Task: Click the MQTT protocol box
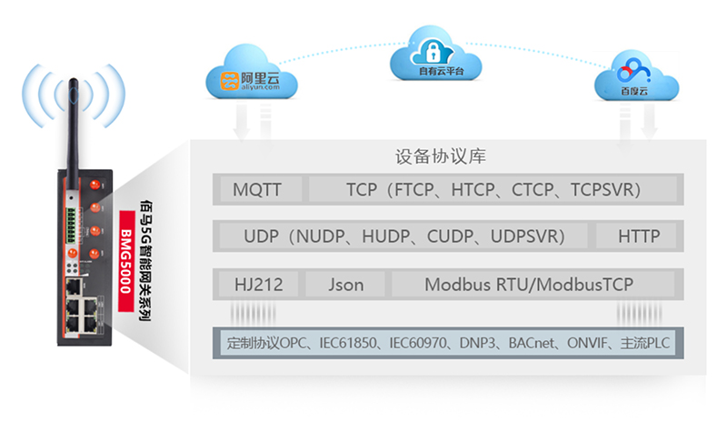(x=257, y=190)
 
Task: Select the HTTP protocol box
(x=638, y=236)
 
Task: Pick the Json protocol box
(x=345, y=284)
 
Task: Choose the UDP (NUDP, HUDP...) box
(x=403, y=236)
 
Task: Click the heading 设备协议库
(x=441, y=156)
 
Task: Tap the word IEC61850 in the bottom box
(x=348, y=344)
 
